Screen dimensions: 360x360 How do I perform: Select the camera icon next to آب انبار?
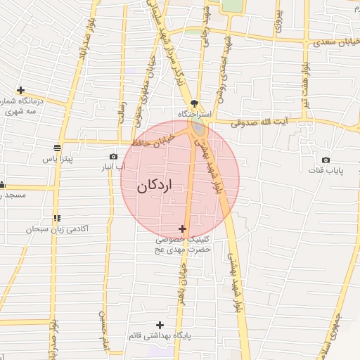[113, 157]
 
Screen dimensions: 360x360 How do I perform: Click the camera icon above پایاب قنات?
[326, 160]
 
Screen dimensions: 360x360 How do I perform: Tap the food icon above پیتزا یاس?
[57, 148]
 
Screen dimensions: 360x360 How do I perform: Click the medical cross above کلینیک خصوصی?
[183, 229]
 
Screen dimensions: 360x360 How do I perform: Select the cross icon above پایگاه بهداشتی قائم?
[160, 325]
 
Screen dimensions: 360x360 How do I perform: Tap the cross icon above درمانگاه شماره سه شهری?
[21, 91]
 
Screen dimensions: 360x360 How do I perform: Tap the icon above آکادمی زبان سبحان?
[57, 219]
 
